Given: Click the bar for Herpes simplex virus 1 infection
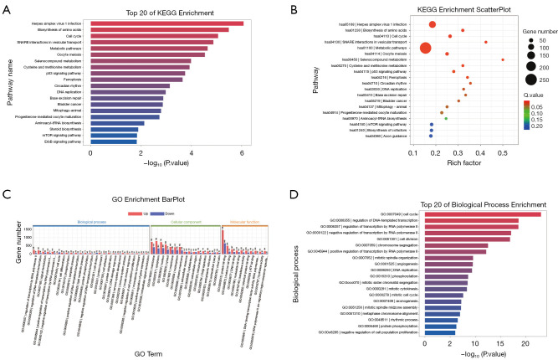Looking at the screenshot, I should [167, 23].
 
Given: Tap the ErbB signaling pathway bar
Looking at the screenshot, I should [114, 142].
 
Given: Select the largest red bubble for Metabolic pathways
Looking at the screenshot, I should [426, 48].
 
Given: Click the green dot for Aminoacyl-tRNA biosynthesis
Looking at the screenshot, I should [446, 118].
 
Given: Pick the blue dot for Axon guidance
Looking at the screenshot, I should [431, 136].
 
